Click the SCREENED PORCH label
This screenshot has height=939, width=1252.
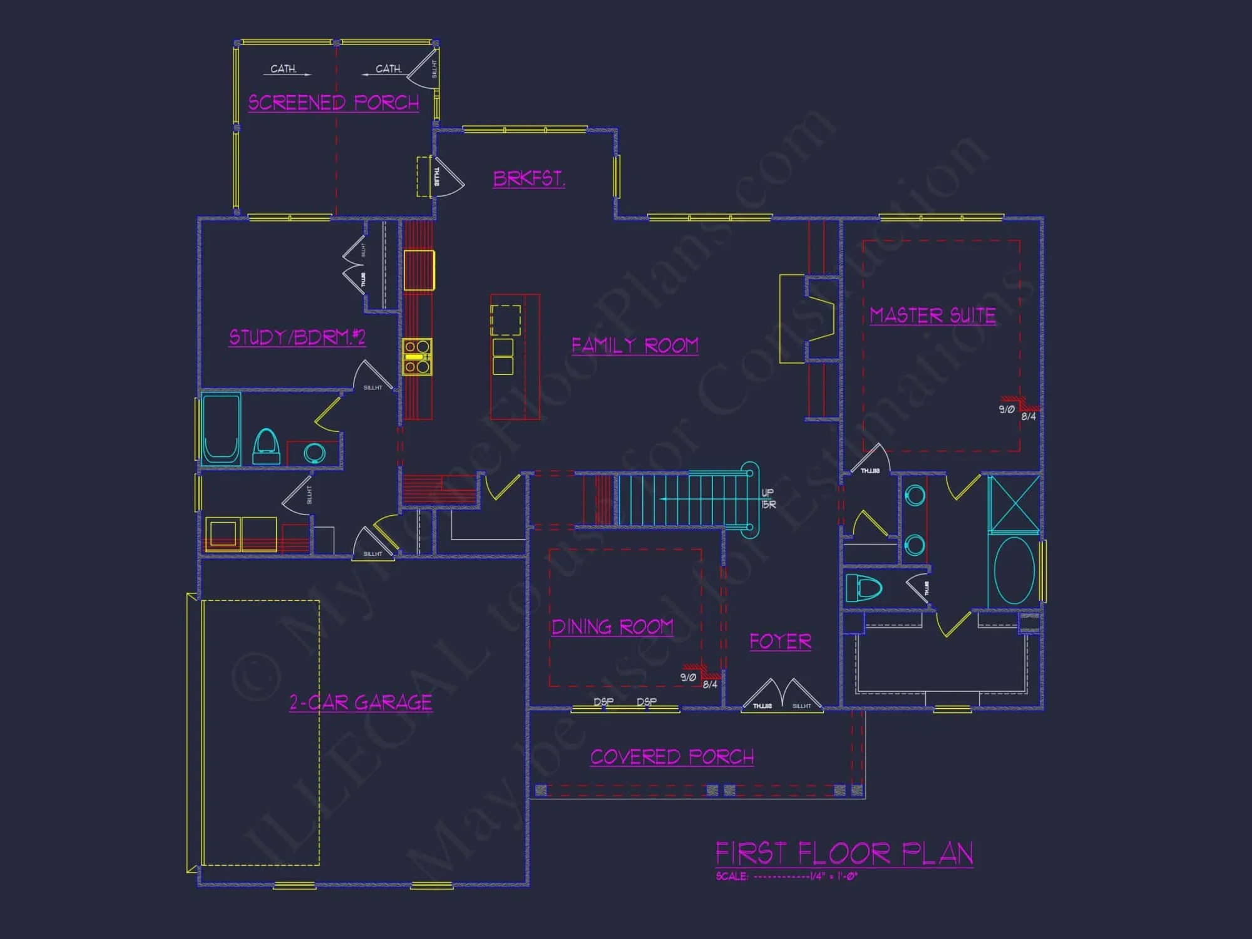[334, 103]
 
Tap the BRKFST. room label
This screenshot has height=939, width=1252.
[529, 179]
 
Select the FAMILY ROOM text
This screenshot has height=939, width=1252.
[635, 346]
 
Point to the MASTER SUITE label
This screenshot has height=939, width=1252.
[933, 316]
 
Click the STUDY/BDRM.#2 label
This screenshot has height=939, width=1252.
[297, 337]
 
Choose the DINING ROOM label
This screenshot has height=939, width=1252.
[612, 627]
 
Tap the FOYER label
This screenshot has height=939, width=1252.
[781, 642]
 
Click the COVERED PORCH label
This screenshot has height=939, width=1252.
[672, 757]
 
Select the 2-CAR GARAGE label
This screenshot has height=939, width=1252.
[361, 702]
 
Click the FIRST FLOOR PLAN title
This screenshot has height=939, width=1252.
[844, 853]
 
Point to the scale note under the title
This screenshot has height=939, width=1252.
[786, 876]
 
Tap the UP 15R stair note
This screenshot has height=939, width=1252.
[768, 498]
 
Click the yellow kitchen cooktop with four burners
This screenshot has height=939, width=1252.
[417, 357]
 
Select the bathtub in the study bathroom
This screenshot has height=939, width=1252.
[221, 429]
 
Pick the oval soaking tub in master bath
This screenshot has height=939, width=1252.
[1014, 570]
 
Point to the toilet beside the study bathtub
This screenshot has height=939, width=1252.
[266, 446]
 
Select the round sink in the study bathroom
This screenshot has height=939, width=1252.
[314, 452]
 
